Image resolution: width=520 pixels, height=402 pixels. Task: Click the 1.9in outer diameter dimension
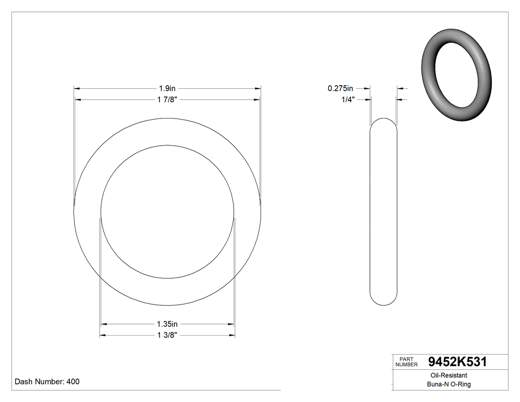(167, 88)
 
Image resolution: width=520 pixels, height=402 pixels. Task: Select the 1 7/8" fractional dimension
(167, 100)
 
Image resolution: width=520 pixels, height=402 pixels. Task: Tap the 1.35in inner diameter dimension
(167, 324)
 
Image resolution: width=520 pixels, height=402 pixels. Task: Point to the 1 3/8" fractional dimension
(167, 336)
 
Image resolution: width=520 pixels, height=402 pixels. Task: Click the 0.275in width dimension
(340, 88)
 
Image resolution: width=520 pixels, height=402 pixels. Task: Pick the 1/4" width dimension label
(348, 100)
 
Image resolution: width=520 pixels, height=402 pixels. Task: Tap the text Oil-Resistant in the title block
(447, 375)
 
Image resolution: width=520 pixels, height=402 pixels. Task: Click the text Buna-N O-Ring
(449, 384)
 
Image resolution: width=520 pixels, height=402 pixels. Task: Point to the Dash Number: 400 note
(47, 382)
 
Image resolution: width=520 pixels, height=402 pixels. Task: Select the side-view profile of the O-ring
(383, 212)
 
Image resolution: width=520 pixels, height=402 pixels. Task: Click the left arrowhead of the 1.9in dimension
(77, 88)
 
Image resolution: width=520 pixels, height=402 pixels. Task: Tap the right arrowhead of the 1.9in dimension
(258, 88)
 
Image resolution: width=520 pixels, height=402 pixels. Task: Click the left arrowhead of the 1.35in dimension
(104, 324)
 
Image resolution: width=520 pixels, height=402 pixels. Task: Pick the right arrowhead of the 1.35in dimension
(231, 324)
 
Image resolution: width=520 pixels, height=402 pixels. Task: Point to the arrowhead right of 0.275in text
(367, 88)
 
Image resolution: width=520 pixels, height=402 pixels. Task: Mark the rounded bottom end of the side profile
(383, 302)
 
